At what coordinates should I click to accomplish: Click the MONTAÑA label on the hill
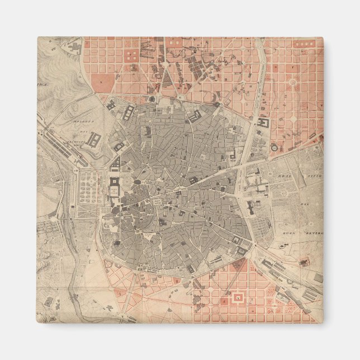tap(83, 121)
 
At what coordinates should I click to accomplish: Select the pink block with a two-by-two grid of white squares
tap(132, 55)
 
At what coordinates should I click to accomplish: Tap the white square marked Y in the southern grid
tap(238, 298)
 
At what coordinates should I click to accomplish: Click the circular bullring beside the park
tap(274, 146)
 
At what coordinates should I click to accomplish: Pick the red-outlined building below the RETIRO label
tap(305, 262)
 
